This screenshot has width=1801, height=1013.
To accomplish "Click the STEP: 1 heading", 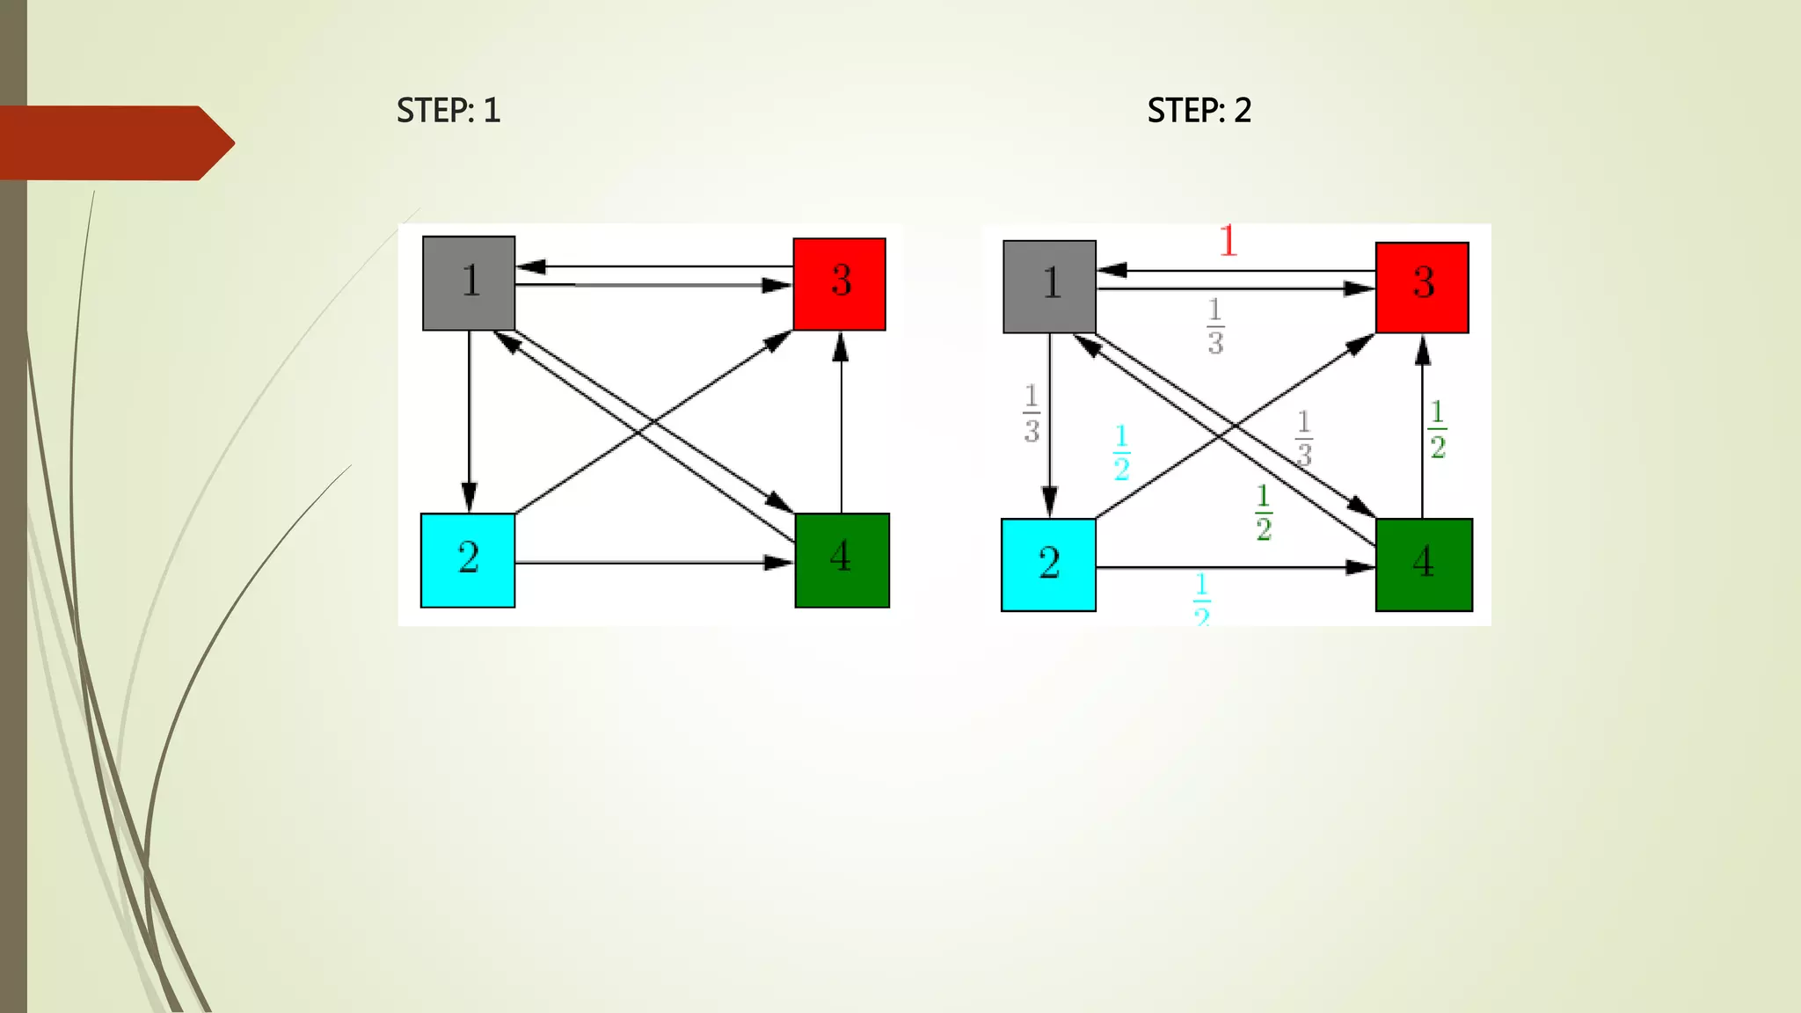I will tap(448, 111).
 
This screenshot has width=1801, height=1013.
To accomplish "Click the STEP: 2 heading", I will tap(1199, 111).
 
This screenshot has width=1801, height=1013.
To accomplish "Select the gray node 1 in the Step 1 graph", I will tap(469, 283).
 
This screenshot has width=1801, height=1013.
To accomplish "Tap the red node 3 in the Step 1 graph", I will tap(839, 284).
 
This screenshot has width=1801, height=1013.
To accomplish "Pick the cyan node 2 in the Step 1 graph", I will tap(468, 560).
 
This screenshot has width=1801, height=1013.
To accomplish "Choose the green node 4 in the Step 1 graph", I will tap(842, 560).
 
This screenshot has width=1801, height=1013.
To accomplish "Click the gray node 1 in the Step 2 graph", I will tap(1049, 287).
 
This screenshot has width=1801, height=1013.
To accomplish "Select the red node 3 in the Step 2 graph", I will tap(1422, 288).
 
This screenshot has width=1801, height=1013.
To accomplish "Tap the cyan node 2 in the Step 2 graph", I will tap(1048, 565).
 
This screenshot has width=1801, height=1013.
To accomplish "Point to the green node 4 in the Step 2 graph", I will tap(1424, 565).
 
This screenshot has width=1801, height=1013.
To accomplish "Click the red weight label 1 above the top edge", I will tap(1229, 240).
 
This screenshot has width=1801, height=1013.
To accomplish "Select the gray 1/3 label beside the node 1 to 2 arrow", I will tap(1032, 412).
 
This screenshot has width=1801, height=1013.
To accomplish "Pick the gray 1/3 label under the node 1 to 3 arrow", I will tap(1214, 326).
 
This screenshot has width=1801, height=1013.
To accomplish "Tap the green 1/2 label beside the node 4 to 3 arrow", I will tap(1437, 429).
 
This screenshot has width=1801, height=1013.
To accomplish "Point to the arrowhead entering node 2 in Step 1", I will tap(469, 498).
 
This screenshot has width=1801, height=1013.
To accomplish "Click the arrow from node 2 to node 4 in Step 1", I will tap(651, 562).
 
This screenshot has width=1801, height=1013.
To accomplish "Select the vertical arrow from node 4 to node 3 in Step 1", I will tap(841, 422).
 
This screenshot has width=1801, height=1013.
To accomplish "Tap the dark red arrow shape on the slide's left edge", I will tap(114, 143).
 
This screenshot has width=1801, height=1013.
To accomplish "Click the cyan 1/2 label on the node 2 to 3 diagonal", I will tap(1121, 453).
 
